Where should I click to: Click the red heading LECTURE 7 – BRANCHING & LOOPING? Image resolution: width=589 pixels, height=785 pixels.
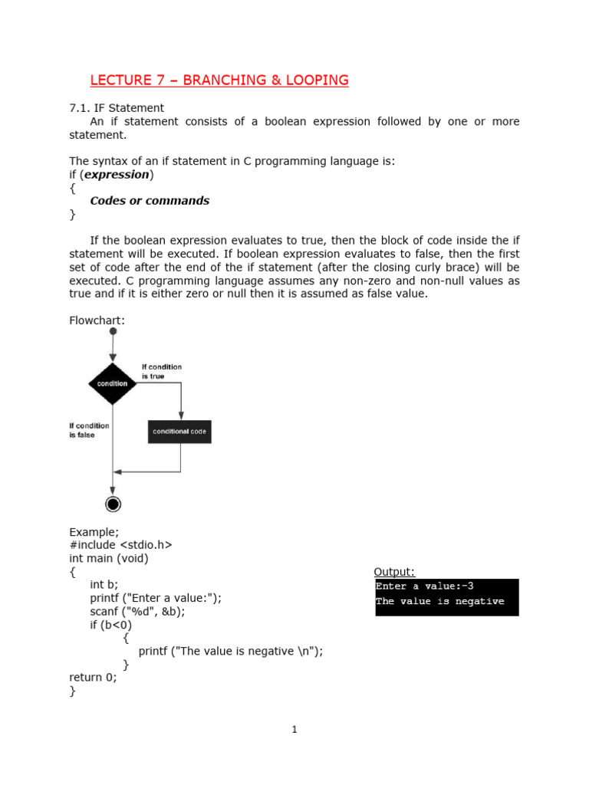click(x=219, y=80)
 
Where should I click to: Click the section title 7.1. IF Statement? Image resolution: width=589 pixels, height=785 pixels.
click(x=117, y=108)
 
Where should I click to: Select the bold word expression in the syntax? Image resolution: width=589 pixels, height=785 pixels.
click(x=117, y=174)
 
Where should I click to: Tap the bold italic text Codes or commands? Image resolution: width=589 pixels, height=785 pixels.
click(x=150, y=201)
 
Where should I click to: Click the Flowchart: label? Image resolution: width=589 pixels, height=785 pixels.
click(x=97, y=320)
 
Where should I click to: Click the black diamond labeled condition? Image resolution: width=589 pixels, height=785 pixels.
click(x=113, y=383)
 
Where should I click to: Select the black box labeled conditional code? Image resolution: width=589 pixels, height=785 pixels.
click(x=179, y=432)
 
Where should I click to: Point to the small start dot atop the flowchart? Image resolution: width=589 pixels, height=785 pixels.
click(x=113, y=331)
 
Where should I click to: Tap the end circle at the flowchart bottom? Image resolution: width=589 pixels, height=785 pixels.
click(x=114, y=504)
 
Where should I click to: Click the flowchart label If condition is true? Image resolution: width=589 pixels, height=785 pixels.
click(x=162, y=372)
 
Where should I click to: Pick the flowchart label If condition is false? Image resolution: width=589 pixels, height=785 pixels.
click(x=89, y=430)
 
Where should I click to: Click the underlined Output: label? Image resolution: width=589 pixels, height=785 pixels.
click(x=394, y=572)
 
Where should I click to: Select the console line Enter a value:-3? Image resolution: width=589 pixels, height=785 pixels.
click(x=424, y=586)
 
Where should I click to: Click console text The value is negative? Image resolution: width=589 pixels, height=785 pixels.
click(x=439, y=602)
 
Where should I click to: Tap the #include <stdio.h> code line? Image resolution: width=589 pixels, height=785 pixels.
click(x=120, y=545)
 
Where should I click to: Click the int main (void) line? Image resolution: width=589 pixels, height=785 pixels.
click(x=109, y=559)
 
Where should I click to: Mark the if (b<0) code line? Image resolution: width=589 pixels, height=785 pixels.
click(x=111, y=625)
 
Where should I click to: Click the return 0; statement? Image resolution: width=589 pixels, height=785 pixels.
click(x=94, y=678)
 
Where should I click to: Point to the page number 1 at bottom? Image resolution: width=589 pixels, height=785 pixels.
click(x=294, y=730)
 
